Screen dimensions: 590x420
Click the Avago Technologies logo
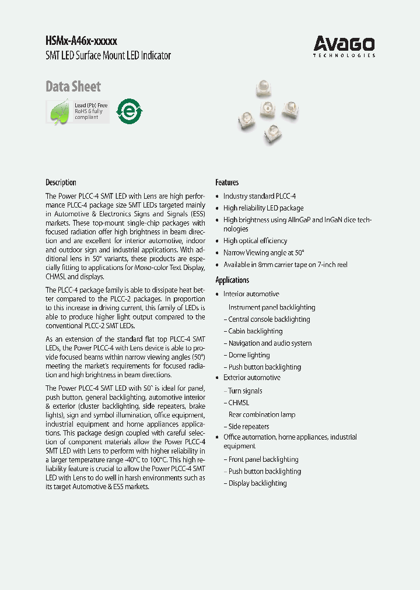344,45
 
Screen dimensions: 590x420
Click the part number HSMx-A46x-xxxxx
82,41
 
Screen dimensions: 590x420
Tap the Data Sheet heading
73,87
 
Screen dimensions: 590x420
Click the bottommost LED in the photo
272,134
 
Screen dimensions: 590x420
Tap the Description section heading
61,182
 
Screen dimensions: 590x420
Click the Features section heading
227,182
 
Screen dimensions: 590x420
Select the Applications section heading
232,280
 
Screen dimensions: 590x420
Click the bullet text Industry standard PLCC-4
259,196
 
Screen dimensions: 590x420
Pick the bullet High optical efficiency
255,241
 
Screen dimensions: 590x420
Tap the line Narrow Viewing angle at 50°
264,253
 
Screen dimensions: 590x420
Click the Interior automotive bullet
251,294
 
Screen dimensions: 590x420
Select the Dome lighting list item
249,355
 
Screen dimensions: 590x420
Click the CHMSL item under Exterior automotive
239,403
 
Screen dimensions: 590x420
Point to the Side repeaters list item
249,427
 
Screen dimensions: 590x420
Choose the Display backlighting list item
257,483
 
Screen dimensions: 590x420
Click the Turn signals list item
245,391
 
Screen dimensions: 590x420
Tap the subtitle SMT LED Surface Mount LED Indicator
108,56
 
